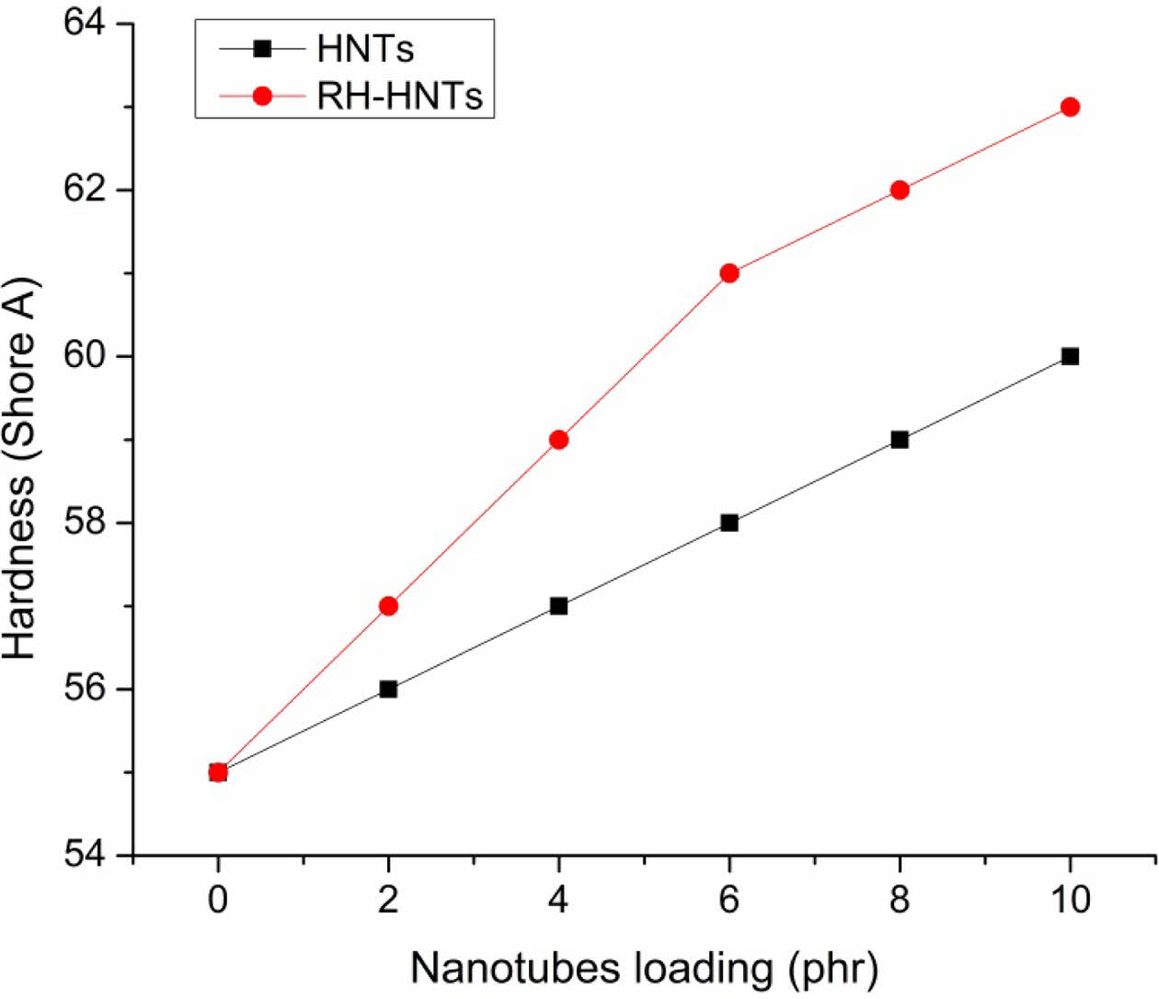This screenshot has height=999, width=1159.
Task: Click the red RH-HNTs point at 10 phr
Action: click(x=1070, y=107)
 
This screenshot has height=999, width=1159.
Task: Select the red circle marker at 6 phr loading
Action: click(x=729, y=273)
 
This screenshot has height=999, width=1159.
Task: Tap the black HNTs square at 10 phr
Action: click(x=1070, y=356)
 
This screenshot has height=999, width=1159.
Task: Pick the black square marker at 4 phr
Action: click(x=558, y=605)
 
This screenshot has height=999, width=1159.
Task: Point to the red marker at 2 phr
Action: click(x=388, y=605)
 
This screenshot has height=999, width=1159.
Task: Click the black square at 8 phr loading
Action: click(x=900, y=440)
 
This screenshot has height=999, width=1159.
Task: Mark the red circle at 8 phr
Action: click(x=900, y=189)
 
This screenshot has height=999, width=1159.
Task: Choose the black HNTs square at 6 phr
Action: click(x=729, y=522)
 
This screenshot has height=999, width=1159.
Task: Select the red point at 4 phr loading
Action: click(x=558, y=440)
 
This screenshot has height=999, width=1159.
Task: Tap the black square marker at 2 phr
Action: click(x=388, y=689)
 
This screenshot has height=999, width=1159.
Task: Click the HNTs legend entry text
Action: click(x=365, y=49)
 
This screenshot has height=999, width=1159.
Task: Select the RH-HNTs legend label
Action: click(x=399, y=95)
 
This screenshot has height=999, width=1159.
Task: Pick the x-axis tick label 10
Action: click(x=1070, y=899)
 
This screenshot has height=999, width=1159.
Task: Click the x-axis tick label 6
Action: click(x=729, y=899)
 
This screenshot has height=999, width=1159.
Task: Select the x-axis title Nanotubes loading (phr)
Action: click(x=644, y=968)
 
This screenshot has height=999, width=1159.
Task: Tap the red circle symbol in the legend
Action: click(x=263, y=95)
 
